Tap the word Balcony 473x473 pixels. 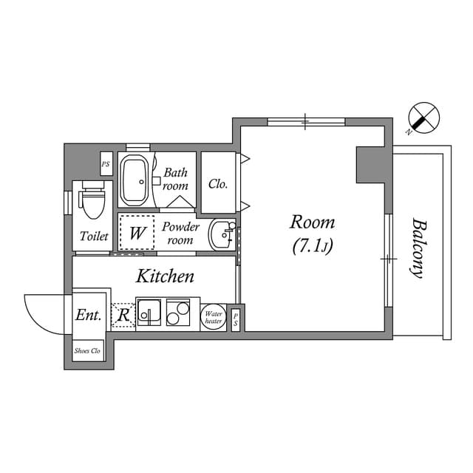418,247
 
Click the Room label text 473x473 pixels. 312,222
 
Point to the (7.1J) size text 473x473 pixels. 312,247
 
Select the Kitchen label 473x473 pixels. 165,276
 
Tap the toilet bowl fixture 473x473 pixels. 92,200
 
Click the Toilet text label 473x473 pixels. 94,236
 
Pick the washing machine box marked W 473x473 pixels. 137,233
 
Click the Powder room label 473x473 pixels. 180,233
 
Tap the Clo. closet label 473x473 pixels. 218,184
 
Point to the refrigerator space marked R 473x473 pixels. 123,316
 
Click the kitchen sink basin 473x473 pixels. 150,313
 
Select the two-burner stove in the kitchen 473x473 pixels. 178,313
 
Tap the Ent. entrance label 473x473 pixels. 88,315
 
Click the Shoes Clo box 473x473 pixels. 88,350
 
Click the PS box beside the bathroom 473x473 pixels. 106,164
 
